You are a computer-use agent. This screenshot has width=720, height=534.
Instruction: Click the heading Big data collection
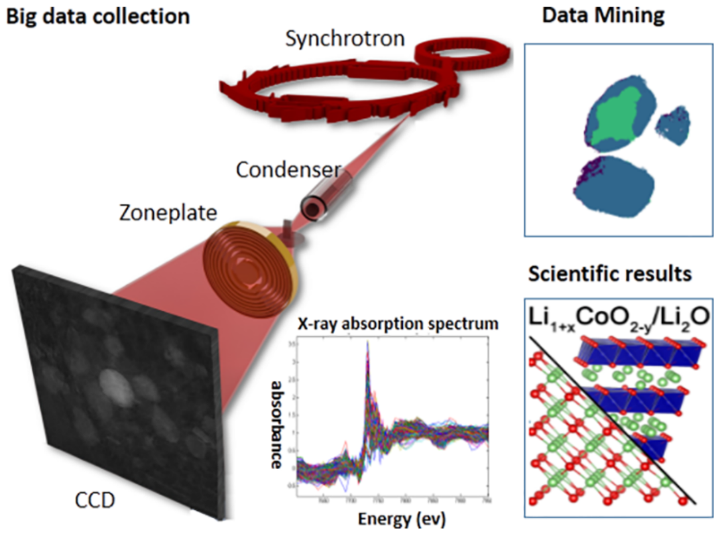tap(97, 16)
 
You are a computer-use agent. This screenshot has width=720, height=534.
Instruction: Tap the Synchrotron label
tap(345, 38)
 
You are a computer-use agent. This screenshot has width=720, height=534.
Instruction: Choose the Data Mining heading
tap(603, 16)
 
